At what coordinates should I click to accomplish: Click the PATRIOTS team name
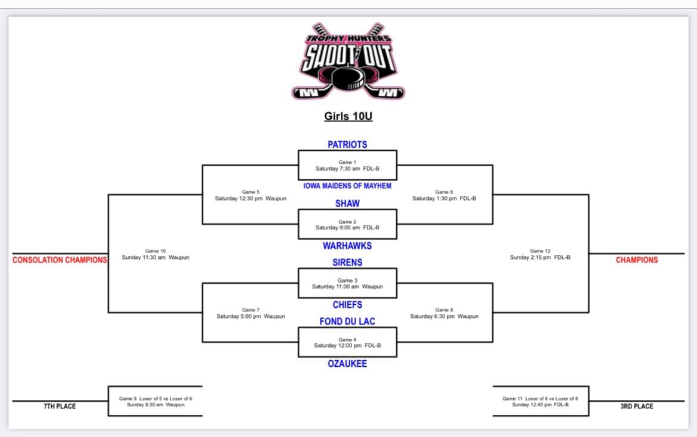(347, 144)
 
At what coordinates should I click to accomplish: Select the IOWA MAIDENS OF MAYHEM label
(347, 186)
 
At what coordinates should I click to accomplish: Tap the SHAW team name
(347, 204)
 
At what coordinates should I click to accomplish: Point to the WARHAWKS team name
(347, 246)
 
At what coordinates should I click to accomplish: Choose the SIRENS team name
(347, 263)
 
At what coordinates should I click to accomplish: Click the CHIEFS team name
(347, 305)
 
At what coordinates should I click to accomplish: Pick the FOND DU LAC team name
(347, 321)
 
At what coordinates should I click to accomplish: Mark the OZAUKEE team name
(347, 364)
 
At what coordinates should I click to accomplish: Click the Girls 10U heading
(348, 116)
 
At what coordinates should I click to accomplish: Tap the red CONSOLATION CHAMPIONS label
(60, 260)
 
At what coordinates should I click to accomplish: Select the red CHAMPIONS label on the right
(637, 260)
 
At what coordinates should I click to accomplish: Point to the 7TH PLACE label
(60, 407)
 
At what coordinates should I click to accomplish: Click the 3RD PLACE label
(637, 407)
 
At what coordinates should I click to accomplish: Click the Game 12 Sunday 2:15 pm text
(540, 254)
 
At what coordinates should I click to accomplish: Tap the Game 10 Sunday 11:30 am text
(155, 254)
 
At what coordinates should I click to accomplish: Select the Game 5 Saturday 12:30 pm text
(251, 195)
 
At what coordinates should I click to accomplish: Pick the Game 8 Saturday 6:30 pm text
(444, 313)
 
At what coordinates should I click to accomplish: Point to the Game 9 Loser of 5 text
(155, 401)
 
